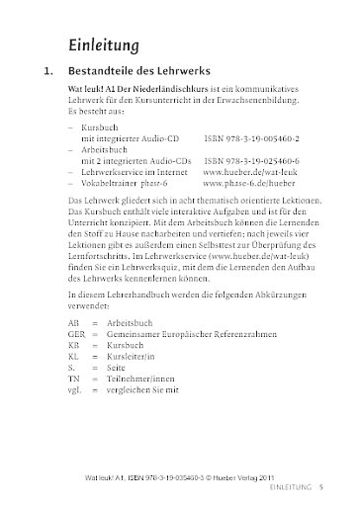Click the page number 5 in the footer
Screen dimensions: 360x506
click(336, 486)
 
